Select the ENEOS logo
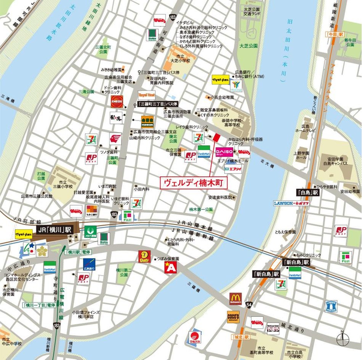116,102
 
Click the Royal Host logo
147,95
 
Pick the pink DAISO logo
224,152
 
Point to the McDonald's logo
235,299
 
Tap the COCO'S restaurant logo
233,316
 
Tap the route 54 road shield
249,304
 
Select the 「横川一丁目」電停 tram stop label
39,305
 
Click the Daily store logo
144,256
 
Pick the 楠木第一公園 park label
201,209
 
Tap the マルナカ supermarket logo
195,337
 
